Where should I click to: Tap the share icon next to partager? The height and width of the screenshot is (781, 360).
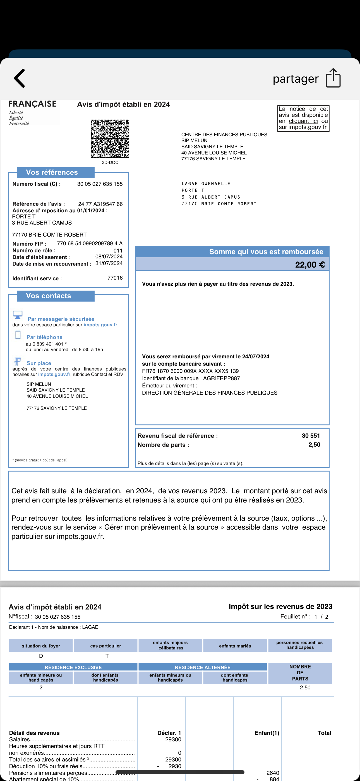click(x=333, y=78)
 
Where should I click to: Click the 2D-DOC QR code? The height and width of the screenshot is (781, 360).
click(x=110, y=139)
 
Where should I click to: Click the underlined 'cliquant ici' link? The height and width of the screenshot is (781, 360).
click(x=303, y=121)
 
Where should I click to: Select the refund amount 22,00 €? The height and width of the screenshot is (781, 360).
click(x=310, y=265)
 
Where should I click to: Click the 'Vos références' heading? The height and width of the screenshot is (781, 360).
click(x=52, y=172)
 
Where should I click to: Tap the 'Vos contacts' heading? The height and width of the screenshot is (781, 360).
click(x=49, y=296)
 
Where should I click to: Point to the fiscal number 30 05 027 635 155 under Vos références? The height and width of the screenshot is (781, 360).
click(x=100, y=184)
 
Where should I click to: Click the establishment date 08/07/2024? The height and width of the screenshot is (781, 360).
click(x=109, y=256)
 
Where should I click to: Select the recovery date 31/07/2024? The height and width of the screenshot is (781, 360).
click(x=109, y=263)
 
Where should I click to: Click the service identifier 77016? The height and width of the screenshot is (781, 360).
click(x=115, y=278)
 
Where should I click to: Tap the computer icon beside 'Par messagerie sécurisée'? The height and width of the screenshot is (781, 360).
click(x=18, y=315)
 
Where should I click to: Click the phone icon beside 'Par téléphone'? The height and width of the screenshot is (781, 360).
click(x=18, y=335)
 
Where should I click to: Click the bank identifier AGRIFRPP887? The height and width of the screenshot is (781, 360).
click(x=221, y=378)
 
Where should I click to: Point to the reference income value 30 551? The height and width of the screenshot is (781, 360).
click(x=311, y=436)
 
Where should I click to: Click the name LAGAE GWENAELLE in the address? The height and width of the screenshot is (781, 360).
click(x=206, y=184)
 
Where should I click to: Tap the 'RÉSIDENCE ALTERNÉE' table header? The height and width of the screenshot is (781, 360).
click(x=202, y=667)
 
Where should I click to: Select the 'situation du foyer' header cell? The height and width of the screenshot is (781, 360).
click(x=41, y=646)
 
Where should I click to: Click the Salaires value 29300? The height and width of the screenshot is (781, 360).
click(x=173, y=739)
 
